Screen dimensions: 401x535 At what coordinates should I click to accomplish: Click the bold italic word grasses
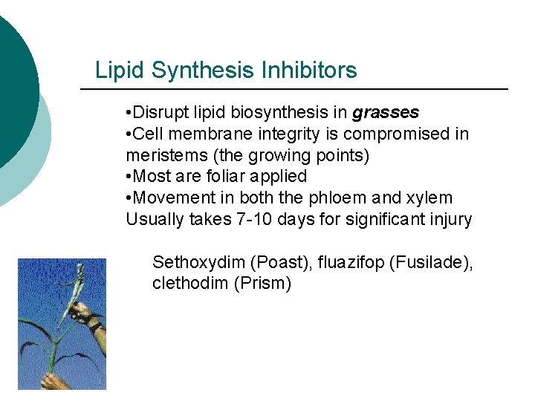click(386, 113)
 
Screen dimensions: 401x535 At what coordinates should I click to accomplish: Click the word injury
click(451, 219)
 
